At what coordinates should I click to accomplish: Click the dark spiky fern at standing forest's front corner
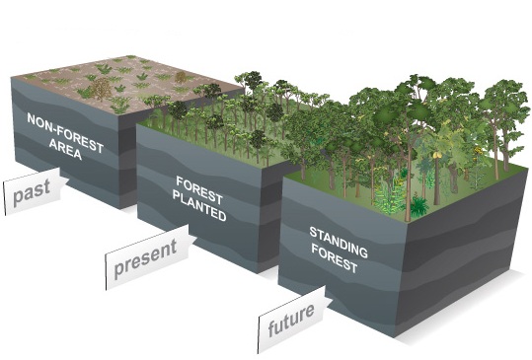[x=418, y=206]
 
